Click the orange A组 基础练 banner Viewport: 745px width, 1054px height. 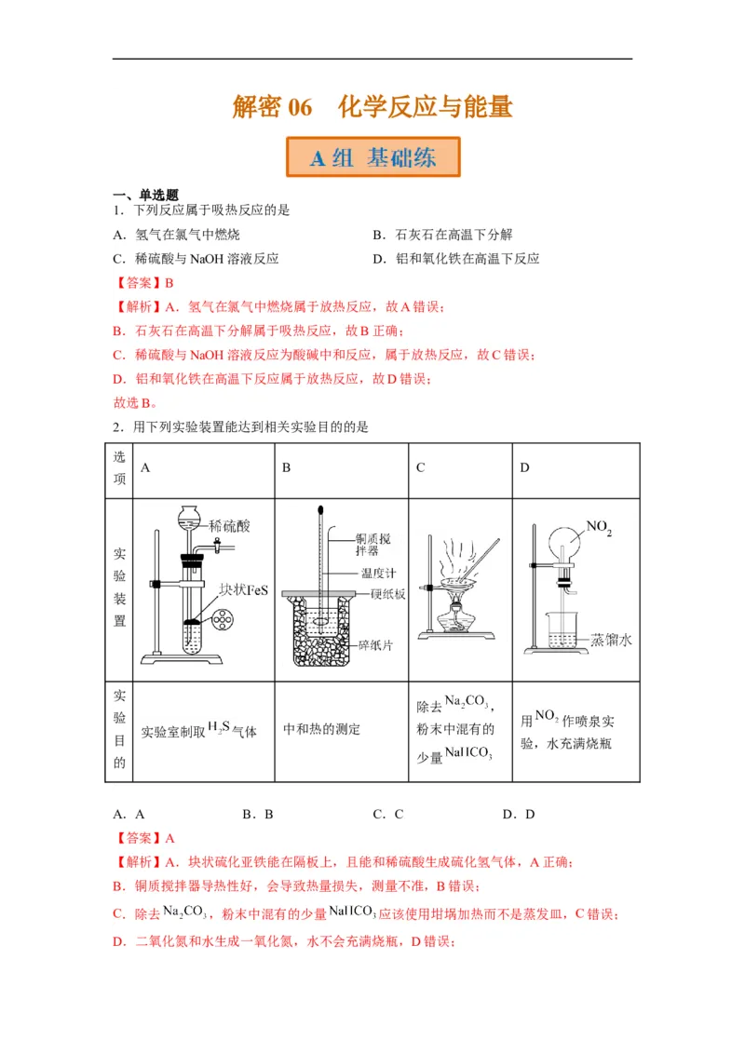(x=372, y=157)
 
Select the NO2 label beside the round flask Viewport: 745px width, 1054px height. (x=598, y=528)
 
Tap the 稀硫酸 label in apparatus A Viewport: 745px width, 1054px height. (x=230, y=526)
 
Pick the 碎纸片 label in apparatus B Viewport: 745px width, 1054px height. (x=378, y=644)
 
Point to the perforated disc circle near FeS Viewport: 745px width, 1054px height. (x=223, y=618)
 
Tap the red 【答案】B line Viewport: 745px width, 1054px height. (x=144, y=283)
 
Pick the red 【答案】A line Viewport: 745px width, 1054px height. (x=144, y=838)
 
